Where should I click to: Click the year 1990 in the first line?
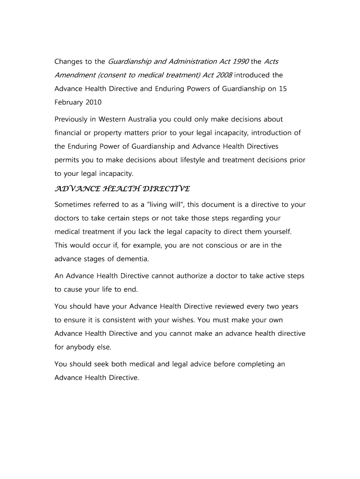pyautogui.click(x=240, y=62)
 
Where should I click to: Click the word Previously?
pyautogui.click(x=74, y=119)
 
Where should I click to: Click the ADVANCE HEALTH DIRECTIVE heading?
pyautogui.click(x=122, y=189)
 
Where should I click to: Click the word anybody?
pyautogui.click(x=82, y=347)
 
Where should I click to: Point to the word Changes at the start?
pyautogui.click(x=69, y=62)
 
